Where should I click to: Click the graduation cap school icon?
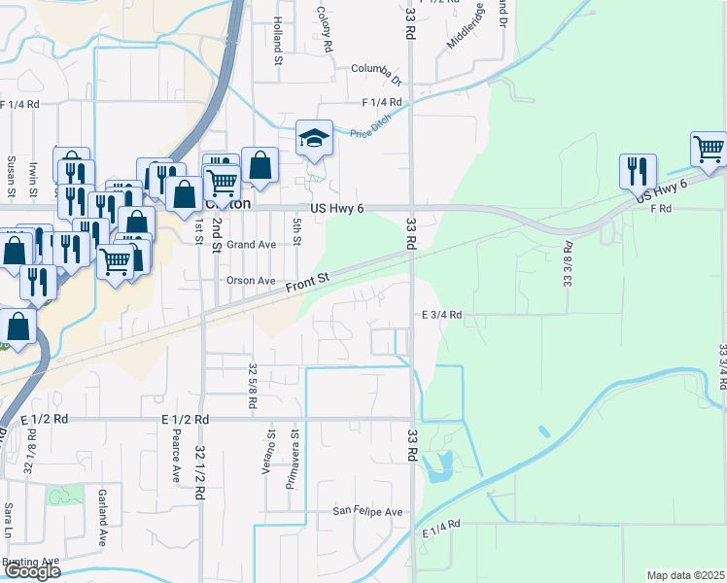[x=314, y=139]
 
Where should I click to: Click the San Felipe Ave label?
[x=367, y=511]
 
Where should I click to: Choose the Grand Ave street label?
[x=251, y=245]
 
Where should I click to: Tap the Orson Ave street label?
[x=251, y=281]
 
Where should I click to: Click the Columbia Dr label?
[x=376, y=70]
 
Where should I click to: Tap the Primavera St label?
[x=291, y=466]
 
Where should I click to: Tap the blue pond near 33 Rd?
[x=440, y=466]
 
